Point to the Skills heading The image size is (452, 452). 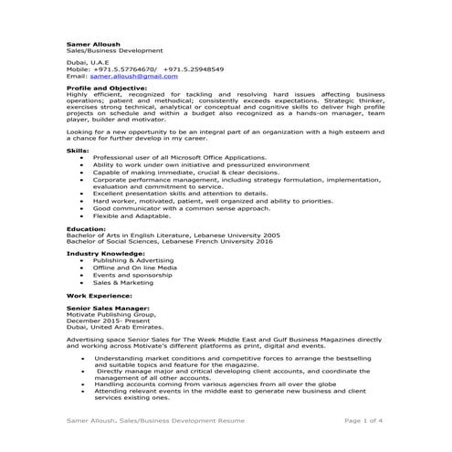pos(79,150)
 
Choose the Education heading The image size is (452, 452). pos(87,229)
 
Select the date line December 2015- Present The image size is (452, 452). pos(107,326)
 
